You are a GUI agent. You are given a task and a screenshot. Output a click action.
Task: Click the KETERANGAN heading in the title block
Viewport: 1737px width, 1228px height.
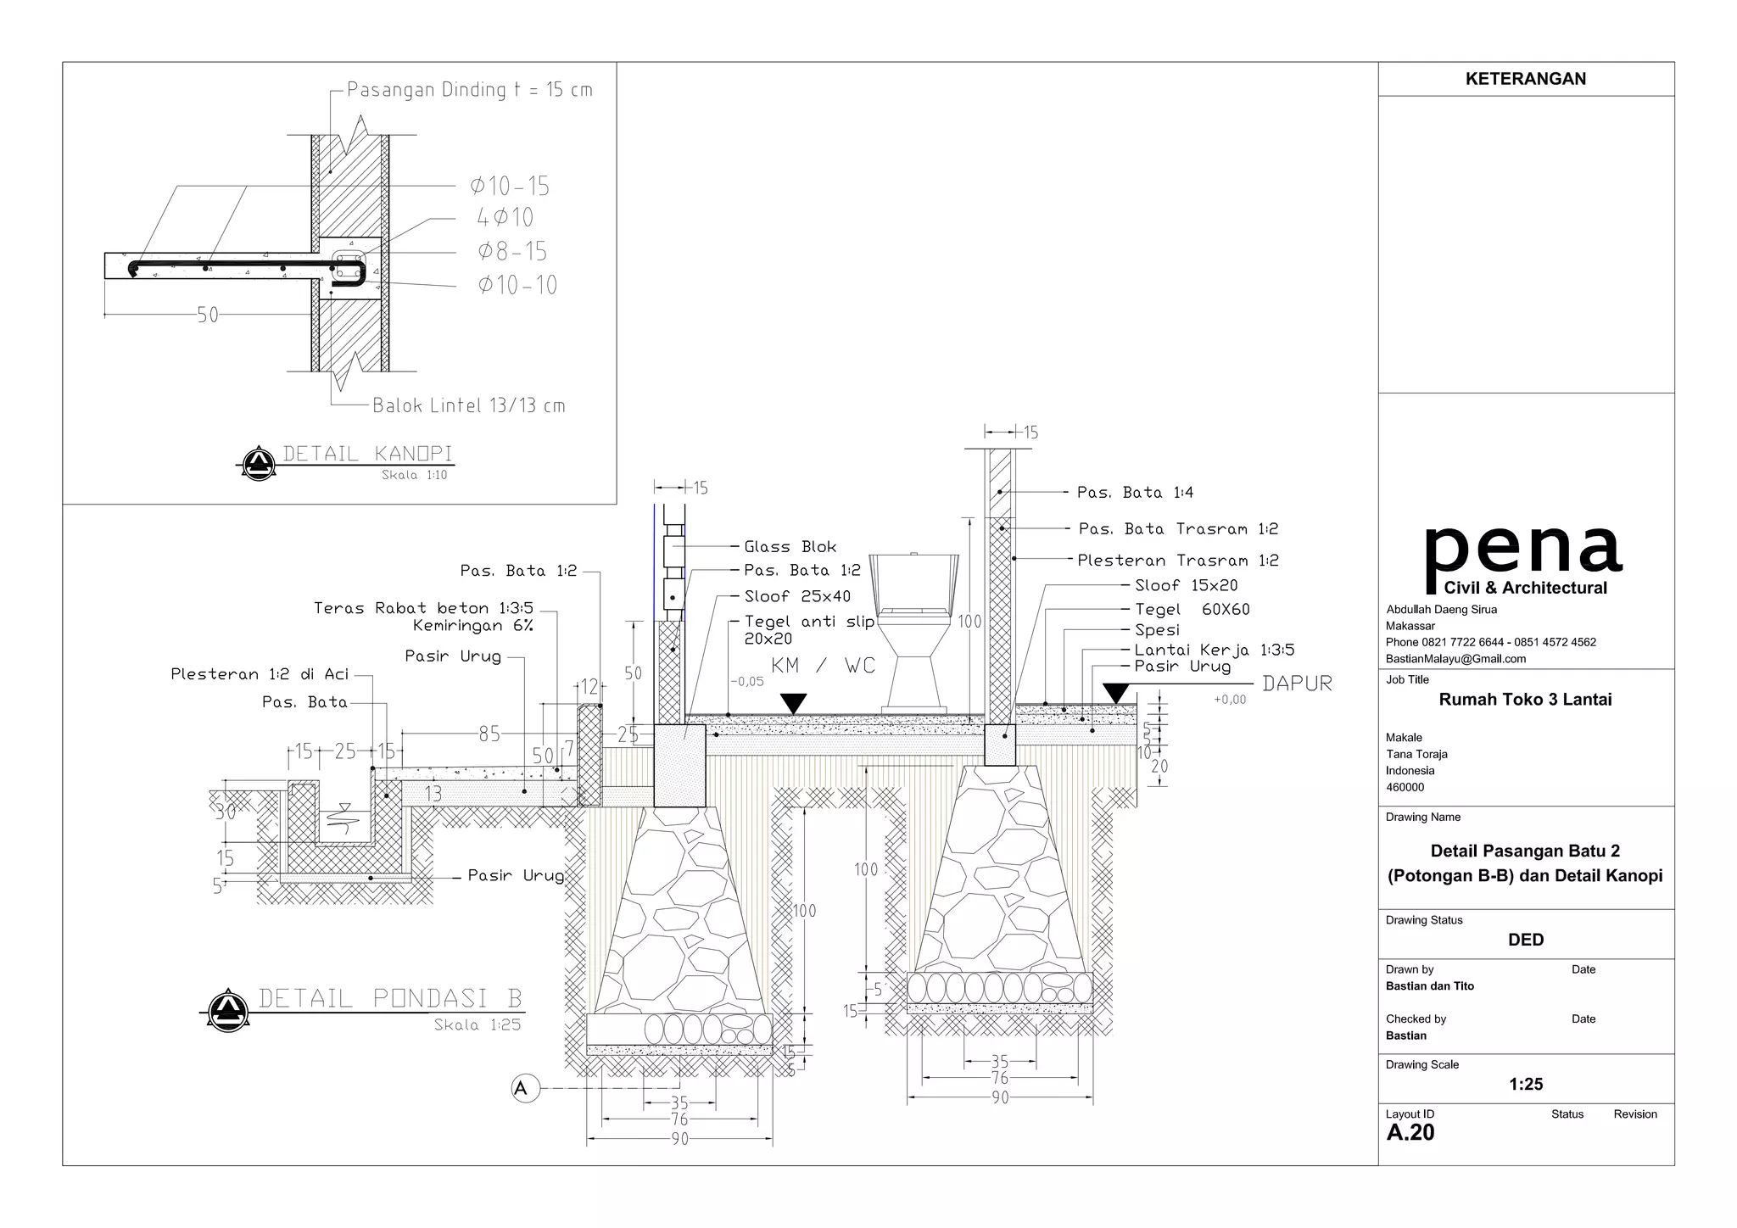(1526, 79)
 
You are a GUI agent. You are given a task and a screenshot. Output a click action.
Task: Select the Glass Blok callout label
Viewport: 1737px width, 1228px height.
(790, 547)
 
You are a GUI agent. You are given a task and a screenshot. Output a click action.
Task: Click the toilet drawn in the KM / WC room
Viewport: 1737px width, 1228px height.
(914, 632)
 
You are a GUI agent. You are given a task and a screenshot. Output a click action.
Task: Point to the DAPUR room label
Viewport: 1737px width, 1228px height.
(1297, 684)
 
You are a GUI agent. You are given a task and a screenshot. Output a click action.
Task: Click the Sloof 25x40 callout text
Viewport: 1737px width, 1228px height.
(797, 596)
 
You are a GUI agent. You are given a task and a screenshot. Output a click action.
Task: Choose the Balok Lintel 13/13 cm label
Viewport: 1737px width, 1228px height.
(469, 405)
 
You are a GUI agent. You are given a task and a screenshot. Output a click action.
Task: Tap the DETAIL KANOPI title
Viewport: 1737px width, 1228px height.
(367, 454)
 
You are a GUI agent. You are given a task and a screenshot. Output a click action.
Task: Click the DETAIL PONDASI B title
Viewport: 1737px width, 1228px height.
(390, 998)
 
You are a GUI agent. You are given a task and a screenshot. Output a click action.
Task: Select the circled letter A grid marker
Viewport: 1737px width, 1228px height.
(522, 1088)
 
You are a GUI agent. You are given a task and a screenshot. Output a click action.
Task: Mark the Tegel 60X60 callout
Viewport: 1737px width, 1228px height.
(1192, 609)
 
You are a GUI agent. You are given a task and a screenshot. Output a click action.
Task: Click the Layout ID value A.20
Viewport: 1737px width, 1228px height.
(1410, 1132)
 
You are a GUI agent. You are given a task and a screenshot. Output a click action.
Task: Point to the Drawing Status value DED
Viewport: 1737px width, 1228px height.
(1526, 940)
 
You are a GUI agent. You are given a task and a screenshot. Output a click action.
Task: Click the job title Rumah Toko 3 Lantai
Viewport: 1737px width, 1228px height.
(1526, 700)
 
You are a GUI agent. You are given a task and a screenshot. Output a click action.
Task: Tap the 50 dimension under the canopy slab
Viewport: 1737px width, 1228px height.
(208, 315)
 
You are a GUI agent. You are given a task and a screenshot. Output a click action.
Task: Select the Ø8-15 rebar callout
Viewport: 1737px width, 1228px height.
(512, 251)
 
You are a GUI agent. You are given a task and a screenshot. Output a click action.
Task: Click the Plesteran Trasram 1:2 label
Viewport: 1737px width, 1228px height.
(1178, 561)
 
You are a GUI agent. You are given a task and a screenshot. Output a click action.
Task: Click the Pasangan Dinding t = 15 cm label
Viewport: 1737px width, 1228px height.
(470, 90)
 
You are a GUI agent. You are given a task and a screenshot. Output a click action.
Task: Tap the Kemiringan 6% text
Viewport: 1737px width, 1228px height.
(473, 626)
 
